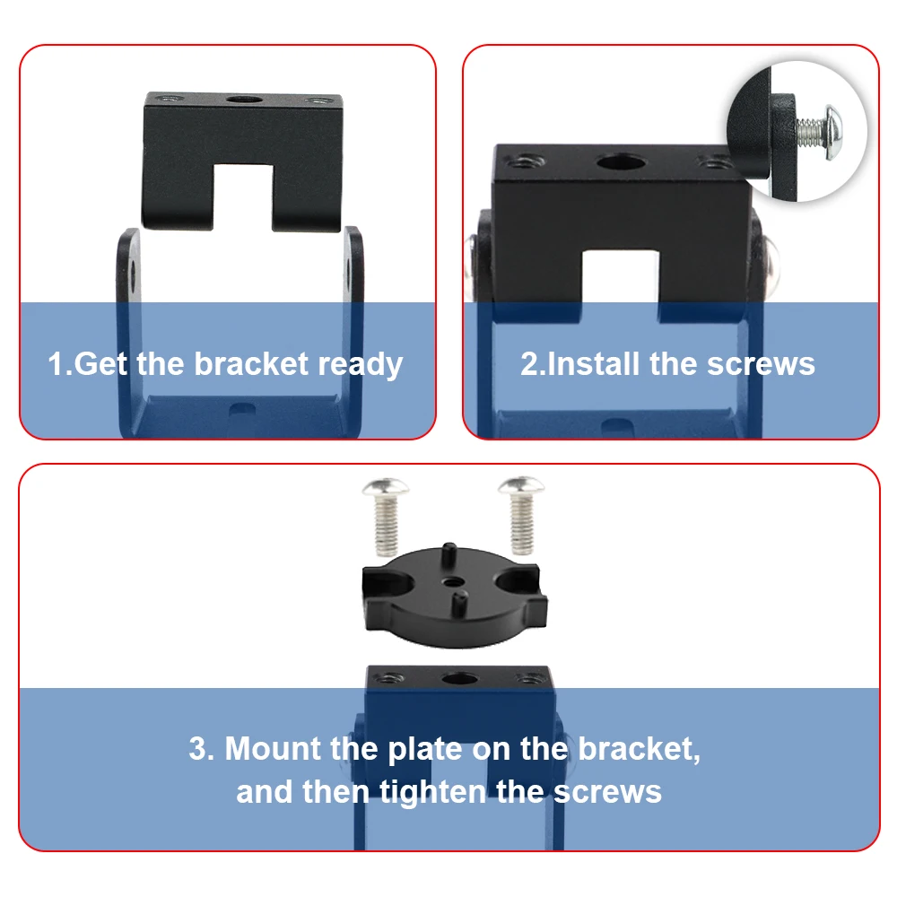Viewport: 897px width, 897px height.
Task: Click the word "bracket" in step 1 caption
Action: [251, 364]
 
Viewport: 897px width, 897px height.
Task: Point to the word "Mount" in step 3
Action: [273, 748]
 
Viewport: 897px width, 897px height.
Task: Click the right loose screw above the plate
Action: [520, 515]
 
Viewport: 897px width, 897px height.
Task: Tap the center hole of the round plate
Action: [454, 582]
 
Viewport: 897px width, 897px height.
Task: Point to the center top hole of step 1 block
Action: [244, 99]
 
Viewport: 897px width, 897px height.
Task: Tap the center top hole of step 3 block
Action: [460, 680]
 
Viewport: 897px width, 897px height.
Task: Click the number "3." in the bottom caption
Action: [201, 749]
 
